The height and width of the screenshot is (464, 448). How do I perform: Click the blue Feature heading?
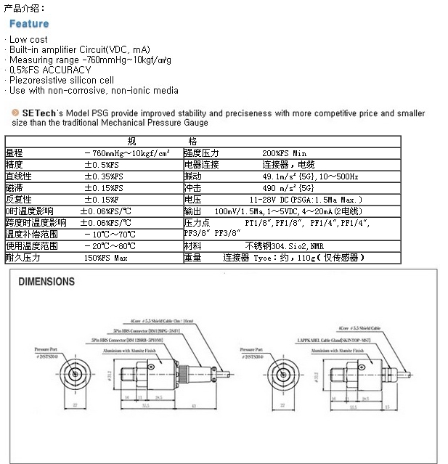tap(28, 24)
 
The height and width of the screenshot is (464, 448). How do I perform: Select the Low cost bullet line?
tap(28, 39)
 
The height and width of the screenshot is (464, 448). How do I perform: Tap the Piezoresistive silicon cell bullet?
tap(62, 80)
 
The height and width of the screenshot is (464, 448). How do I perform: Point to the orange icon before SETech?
tap(15, 113)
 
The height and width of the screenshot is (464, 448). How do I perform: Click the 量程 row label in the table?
tap(15, 152)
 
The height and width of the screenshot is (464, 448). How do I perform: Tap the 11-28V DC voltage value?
tap(305, 199)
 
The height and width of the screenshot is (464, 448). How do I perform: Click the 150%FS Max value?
tap(106, 258)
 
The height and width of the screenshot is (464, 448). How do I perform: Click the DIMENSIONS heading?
tap(46, 281)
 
